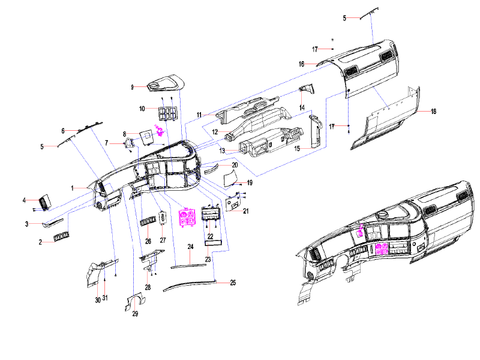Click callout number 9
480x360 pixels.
(x=132, y=88)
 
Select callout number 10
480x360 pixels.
(x=142, y=109)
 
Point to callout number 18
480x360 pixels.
(x=433, y=112)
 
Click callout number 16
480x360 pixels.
(x=302, y=64)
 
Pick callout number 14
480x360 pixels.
(x=302, y=109)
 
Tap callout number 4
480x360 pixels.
(x=25, y=200)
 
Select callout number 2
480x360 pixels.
(x=40, y=242)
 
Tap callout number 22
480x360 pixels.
(x=210, y=237)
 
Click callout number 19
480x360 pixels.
(x=250, y=182)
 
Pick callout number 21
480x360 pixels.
(x=245, y=211)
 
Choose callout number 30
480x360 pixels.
(x=97, y=300)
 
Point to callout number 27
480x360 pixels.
(x=162, y=240)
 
